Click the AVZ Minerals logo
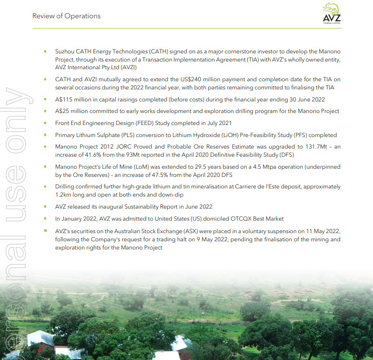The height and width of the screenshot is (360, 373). (331, 13)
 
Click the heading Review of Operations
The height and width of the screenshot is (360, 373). (66, 16)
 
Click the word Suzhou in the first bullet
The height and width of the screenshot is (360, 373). (66, 51)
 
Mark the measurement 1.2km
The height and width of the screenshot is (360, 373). (63, 195)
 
